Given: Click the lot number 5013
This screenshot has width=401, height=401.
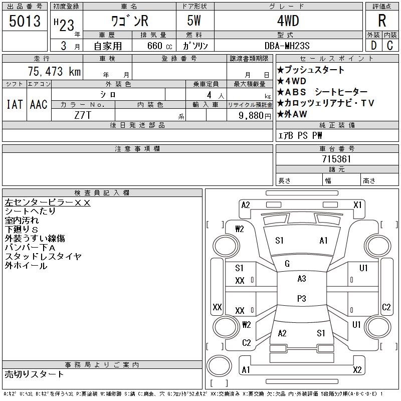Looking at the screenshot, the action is (25, 21).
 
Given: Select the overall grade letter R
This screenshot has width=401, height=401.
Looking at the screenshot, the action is (382, 21).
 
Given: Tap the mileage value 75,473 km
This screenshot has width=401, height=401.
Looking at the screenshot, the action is (54, 71).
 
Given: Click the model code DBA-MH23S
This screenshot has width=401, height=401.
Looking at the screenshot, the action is (287, 46).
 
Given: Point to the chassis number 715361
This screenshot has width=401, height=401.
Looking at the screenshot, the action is (336, 159).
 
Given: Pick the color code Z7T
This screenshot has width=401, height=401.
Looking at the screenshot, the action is (83, 115).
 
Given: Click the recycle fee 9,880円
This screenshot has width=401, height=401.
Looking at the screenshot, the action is (255, 116).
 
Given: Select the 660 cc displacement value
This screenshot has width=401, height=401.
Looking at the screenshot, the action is (159, 46).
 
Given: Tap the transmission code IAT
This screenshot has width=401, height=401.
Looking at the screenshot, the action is (15, 104).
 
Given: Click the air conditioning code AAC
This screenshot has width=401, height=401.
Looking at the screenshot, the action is (39, 104).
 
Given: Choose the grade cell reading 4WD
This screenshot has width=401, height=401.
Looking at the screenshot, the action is (288, 21).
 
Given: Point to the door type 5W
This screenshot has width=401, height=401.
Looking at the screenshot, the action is (194, 21).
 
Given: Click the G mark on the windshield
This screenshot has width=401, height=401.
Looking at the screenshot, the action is (287, 264).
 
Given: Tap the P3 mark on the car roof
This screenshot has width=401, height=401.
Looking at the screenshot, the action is (302, 298).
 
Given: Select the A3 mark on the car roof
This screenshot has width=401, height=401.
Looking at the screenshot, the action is (302, 279).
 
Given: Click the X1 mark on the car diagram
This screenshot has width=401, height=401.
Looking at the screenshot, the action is (357, 205).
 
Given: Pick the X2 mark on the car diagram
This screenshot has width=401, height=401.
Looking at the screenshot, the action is (357, 370).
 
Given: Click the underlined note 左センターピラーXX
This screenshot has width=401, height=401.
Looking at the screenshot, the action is (48, 203).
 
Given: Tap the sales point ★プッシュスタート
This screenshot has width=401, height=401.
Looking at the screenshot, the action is (311, 70).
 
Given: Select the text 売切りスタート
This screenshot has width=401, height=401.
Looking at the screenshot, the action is (34, 374).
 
